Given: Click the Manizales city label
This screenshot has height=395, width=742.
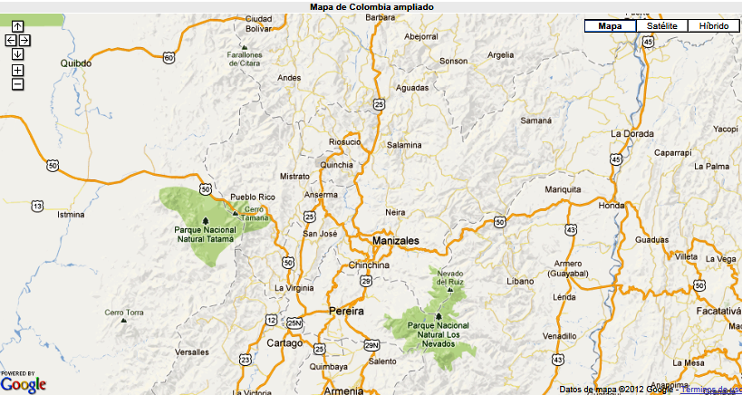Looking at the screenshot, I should click(x=395, y=241).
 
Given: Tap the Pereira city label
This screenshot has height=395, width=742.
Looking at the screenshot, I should click(x=346, y=311).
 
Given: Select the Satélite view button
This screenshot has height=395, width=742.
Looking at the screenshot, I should click(x=662, y=26).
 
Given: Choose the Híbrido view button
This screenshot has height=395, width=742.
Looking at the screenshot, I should click(x=713, y=26).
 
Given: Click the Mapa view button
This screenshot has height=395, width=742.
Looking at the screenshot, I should click(x=611, y=26).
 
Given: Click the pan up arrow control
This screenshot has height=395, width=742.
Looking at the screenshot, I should click(x=17, y=26).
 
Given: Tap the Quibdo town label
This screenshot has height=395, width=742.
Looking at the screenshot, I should click(x=76, y=63).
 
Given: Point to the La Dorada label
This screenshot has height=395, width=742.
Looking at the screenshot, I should click(x=631, y=133).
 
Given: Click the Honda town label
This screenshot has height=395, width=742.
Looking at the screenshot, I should click(x=612, y=205).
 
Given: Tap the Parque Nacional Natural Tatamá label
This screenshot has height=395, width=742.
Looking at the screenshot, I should click(x=205, y=235).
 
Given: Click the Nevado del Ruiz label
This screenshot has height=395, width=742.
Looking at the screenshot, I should click(x=450, y=277).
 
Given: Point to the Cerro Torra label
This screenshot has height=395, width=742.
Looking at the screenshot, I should click(x=124, y=313).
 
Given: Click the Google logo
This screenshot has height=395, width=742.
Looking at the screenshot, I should click(x=24, y=383).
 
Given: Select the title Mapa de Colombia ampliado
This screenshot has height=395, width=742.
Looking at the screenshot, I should click(x=371, y=6).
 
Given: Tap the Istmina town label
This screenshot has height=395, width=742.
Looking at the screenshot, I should click(x=70, y=215).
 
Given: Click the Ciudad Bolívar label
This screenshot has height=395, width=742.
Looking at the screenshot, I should click(x=258, y=24).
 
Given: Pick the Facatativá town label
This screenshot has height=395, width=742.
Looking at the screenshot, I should click(x=718, y=310).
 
